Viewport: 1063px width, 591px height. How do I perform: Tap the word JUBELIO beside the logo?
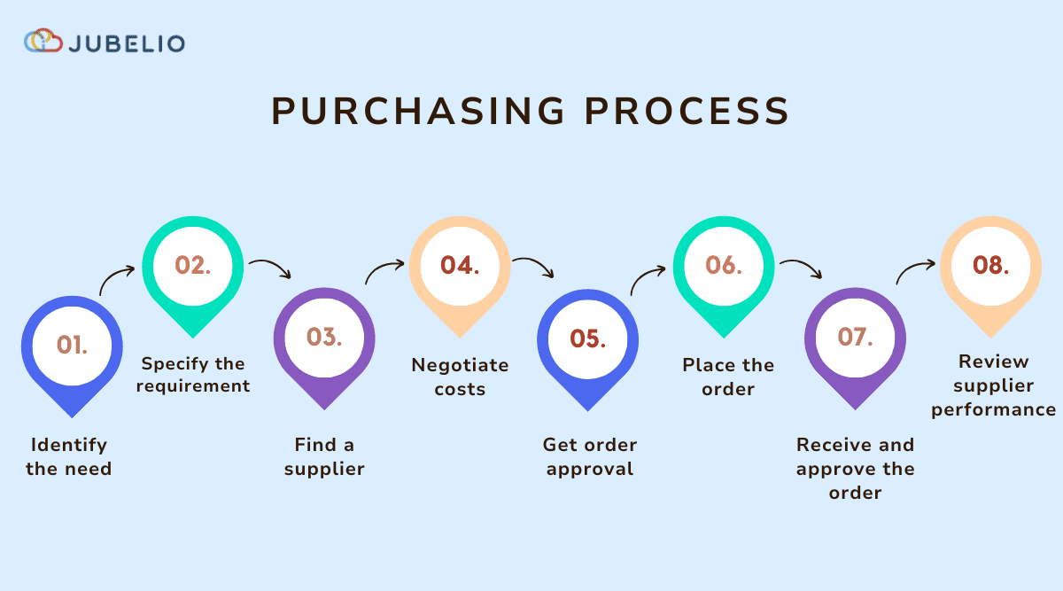point(127,43)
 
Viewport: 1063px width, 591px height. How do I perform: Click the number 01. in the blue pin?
point(72,344)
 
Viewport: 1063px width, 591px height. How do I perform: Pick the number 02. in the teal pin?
point(193,265)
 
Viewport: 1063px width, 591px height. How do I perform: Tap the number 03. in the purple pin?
point(324,337)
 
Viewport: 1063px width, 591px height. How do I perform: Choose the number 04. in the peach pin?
point(460,265)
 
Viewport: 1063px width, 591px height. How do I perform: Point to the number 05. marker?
point(588,338)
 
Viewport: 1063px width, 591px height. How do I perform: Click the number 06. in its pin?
point(724,265)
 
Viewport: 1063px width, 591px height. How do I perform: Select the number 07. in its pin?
point(855,337)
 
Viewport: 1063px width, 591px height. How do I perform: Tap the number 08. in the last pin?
point(990,265)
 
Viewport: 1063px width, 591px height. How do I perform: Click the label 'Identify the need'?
point(69,456)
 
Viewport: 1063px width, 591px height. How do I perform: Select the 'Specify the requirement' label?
point(196,375)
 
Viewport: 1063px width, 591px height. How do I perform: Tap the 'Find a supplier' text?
point(324,456)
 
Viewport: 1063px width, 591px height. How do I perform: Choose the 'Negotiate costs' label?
point(460,377)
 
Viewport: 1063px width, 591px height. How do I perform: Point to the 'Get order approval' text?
point(590,456)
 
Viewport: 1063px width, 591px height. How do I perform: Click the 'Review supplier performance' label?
point(993,385)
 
